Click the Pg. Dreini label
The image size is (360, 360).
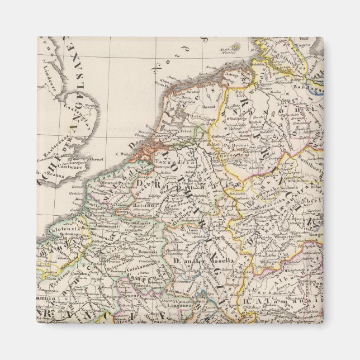click(235, 145)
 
